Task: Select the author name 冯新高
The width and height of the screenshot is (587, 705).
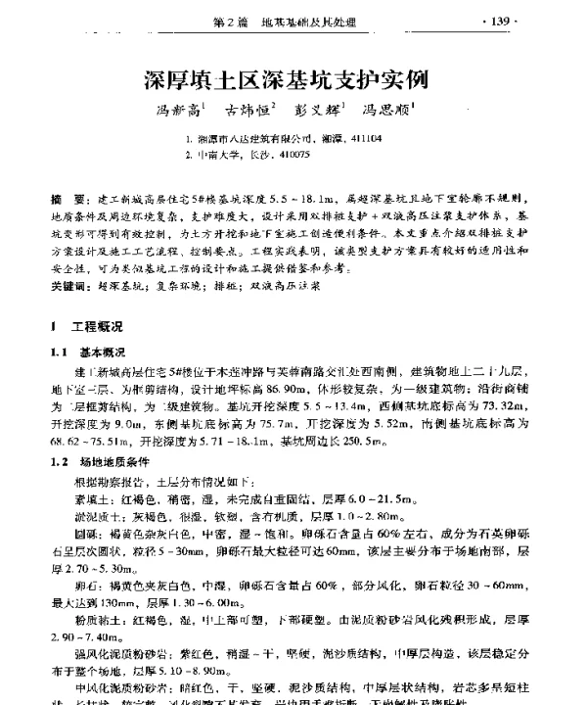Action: pos(173,113)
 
